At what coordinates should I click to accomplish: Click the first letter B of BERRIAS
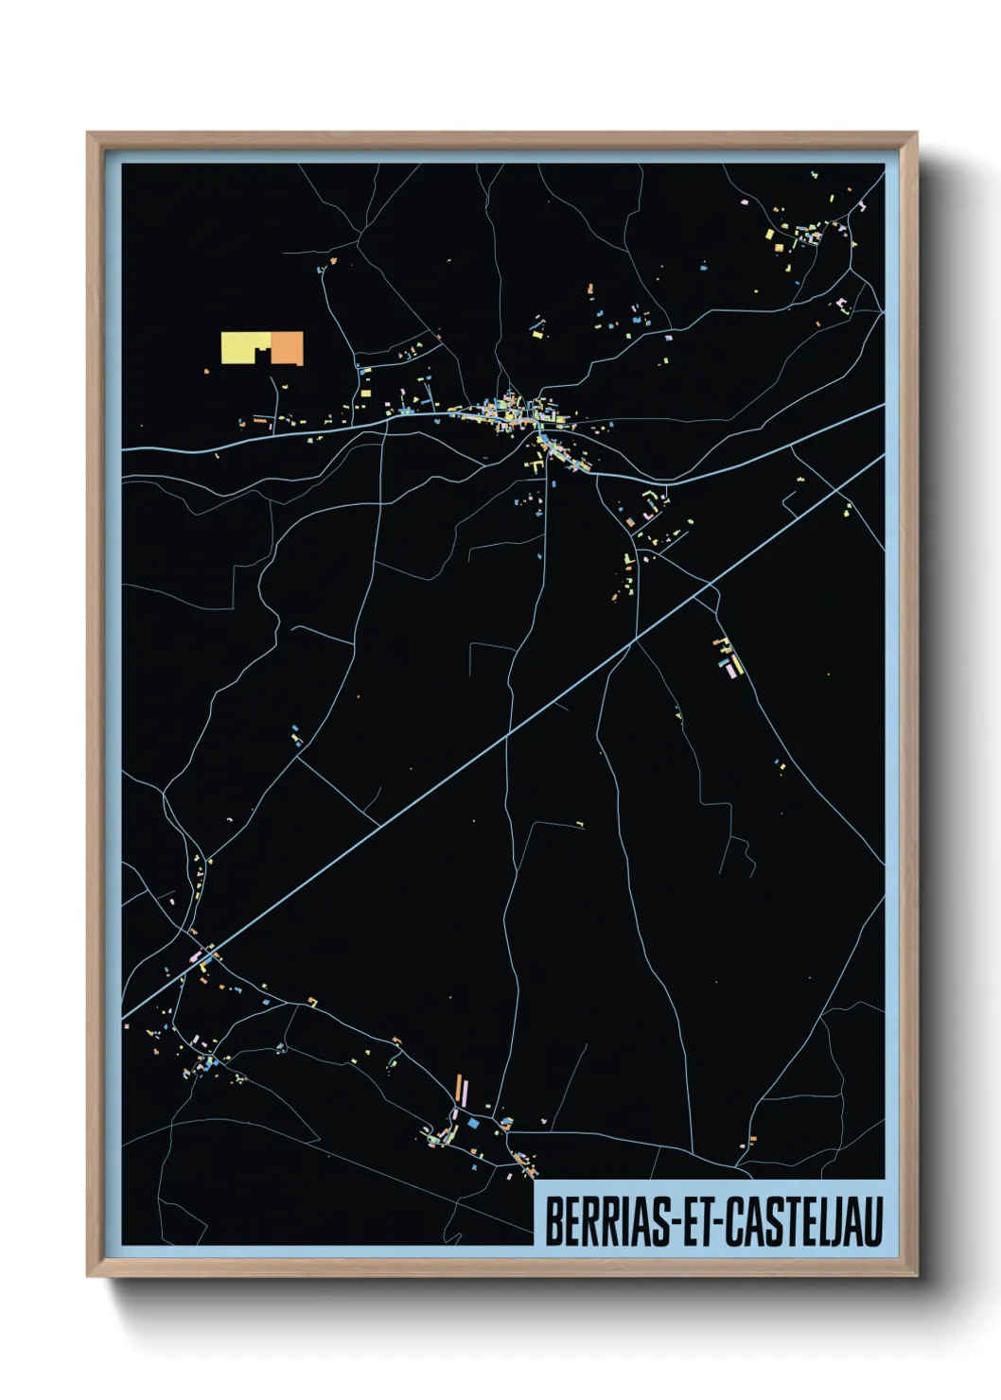click(x=552, y=1221)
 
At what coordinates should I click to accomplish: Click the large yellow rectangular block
click(x=244, y=346)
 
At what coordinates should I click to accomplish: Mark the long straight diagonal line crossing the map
click(x=511, y=729)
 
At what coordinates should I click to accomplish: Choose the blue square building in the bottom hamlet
click(x=473, y=1123)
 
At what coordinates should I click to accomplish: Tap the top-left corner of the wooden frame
click(x=90, y=135)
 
